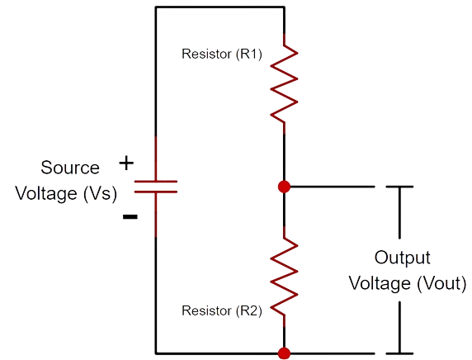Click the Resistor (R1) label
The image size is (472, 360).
[222, 54]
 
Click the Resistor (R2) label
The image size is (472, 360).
[222, 311]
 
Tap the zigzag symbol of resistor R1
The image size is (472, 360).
[284, 83]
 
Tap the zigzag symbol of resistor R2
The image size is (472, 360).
[284, 277]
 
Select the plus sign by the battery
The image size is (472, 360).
[126, 163]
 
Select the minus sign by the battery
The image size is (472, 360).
[130, 216]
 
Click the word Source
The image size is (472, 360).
[70, 168]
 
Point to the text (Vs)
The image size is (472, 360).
[100, 193]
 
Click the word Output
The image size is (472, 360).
[402, 258]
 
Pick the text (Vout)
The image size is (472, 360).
[441, 284]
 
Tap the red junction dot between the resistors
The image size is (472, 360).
[284, 187]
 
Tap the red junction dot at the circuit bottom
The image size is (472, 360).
[284, 353]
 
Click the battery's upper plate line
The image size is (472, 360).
[156, 182]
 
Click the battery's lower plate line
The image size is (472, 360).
[156, 192]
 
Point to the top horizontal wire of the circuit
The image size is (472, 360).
[220, 7]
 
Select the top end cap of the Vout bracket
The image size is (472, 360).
[399, 187]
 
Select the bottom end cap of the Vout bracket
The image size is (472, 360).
[399, 353]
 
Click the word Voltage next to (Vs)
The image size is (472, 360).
[46, 193]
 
